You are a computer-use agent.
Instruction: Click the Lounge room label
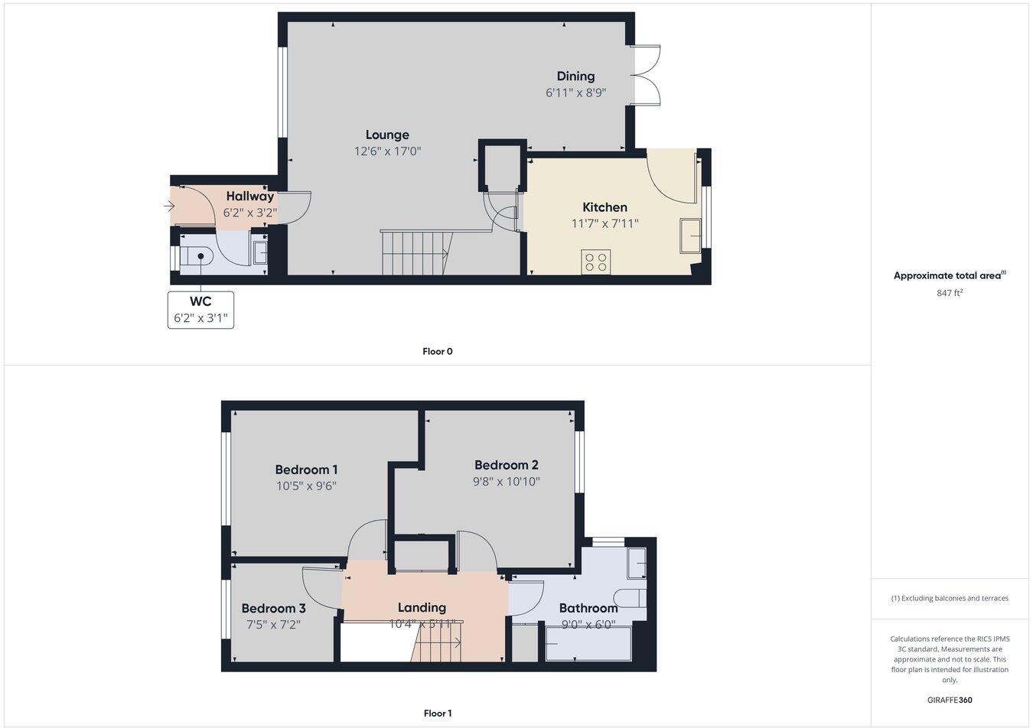387,135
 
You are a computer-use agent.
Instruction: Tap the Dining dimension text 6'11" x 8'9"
575,93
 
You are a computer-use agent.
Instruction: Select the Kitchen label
604,207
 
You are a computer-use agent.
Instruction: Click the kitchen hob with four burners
595,262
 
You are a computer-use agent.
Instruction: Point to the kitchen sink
689,236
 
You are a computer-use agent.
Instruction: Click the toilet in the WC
196,255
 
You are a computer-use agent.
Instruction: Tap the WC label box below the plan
200,310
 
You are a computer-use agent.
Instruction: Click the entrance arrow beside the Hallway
168,206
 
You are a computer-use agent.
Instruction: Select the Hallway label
249,197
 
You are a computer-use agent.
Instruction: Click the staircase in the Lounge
415,252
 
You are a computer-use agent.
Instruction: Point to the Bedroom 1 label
306,470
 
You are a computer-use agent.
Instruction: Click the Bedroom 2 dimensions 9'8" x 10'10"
506,482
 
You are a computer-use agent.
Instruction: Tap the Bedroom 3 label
273,609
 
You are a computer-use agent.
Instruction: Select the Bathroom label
588,608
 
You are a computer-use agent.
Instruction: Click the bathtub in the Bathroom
588,643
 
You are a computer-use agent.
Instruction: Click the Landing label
422,607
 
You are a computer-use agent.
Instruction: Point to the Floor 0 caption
438,352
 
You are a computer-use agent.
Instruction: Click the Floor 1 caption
438,713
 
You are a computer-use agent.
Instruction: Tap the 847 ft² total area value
950,293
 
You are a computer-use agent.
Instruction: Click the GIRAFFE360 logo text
950,700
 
